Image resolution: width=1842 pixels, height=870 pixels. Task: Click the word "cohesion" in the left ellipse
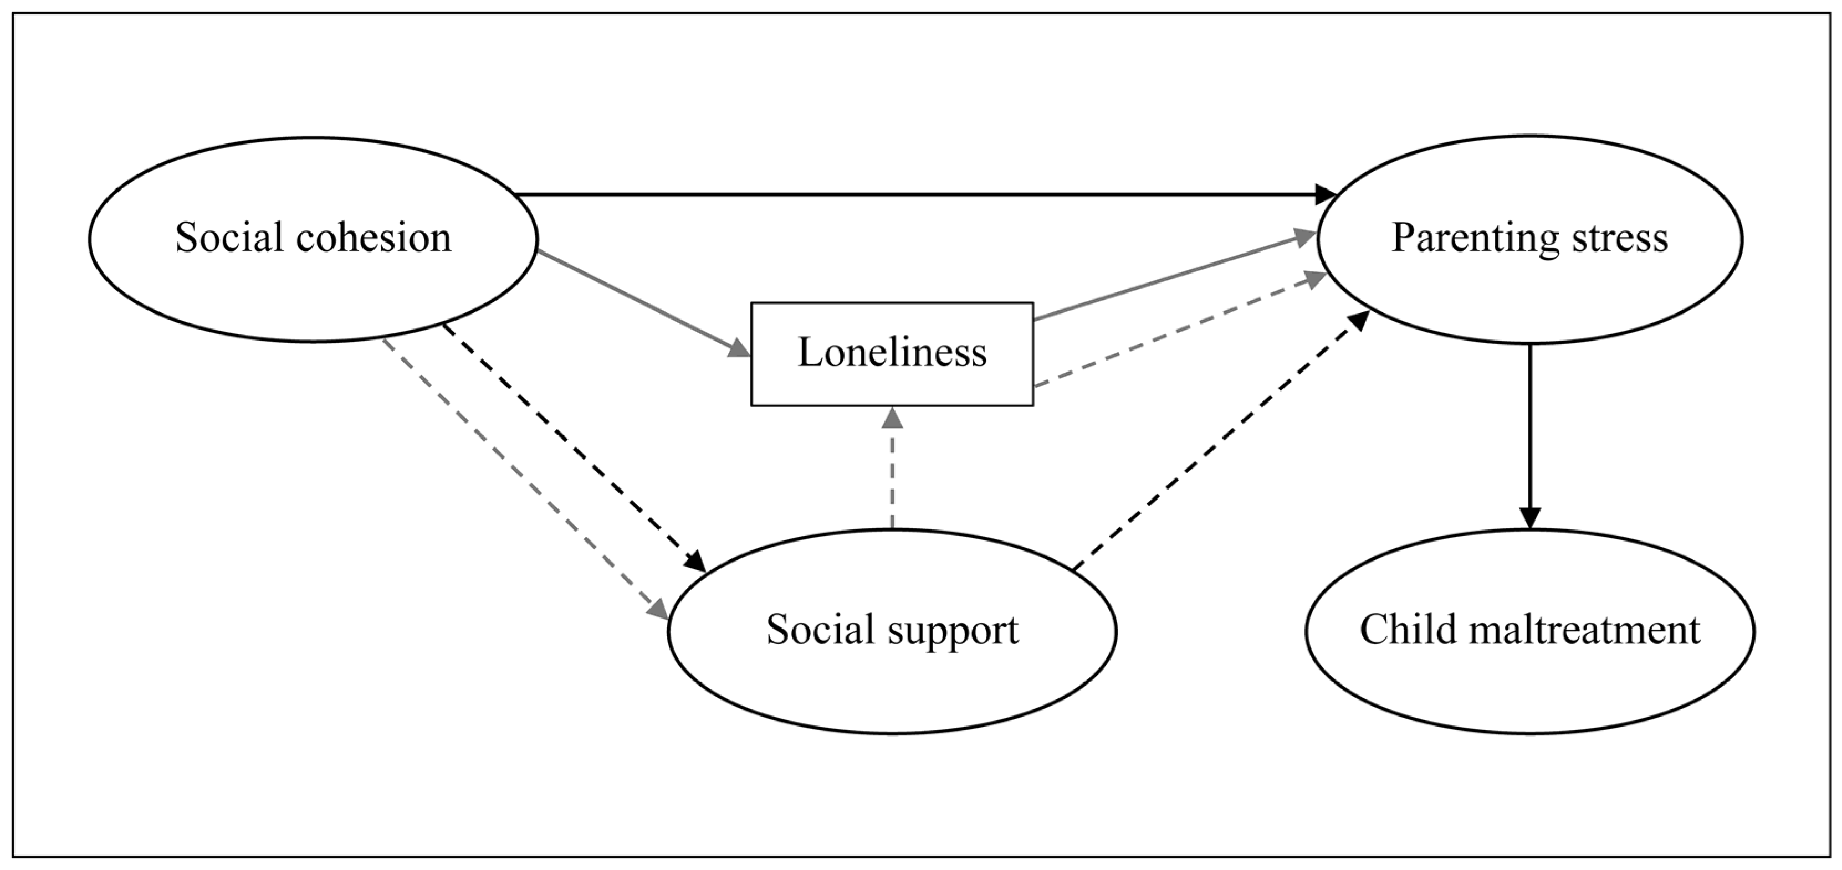(373, 238)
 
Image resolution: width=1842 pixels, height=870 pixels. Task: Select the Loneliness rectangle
(892, 354)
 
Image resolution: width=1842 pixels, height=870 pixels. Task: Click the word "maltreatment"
(1581, 630)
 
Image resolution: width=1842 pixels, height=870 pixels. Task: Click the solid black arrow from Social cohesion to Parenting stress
(926, 194)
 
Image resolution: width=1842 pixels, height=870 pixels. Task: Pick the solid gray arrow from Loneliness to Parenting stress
(1175, 276)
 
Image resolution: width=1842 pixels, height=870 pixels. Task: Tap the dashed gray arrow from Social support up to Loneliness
(892, 469)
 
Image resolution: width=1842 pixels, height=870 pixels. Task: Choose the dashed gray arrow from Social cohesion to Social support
(525, 479)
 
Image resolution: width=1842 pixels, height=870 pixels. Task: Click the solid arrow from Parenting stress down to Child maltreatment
(1529, 437)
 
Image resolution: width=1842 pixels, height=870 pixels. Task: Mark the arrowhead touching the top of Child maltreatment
(1529, 518)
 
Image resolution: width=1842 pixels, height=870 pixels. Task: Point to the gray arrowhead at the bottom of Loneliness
(892, 417)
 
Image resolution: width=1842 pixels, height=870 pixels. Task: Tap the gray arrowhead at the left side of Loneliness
(739, 349)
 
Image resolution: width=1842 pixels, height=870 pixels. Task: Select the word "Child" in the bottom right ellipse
(1404, 630)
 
